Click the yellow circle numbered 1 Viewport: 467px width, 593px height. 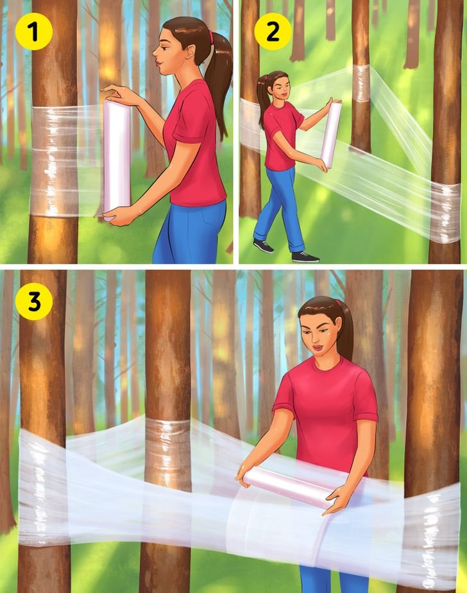click(33, 32)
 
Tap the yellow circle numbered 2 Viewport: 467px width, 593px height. click(273, 32)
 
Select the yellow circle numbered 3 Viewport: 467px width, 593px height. click(34, 302)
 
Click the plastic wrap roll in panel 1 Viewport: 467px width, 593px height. click(117, 160)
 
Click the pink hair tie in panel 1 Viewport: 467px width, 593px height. click(211, 37)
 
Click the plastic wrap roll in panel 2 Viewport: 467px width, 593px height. click(331, 135)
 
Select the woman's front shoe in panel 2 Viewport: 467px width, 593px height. click(305, 257)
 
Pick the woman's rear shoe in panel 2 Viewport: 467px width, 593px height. click(264, 246)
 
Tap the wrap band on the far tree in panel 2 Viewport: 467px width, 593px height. click(361, 83)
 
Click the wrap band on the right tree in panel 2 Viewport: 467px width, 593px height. click(445, 212)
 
